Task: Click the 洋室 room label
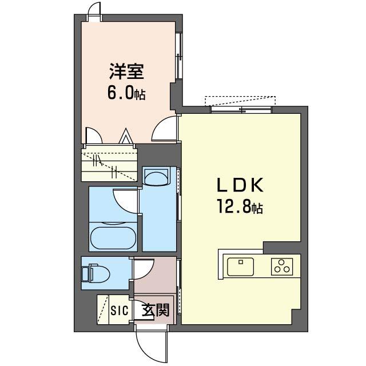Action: point(126,71)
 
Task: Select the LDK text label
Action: point(240,185)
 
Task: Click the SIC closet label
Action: point(120,311)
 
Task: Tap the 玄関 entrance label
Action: point(155,310)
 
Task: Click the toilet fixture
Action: point(95,273)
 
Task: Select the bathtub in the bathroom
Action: point(113,238)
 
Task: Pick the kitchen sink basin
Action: point(240,266)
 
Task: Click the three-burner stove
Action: point(282,266)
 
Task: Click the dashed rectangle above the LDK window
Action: point(240,101)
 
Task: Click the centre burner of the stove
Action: point(282,262)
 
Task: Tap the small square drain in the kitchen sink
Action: point(241,262)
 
